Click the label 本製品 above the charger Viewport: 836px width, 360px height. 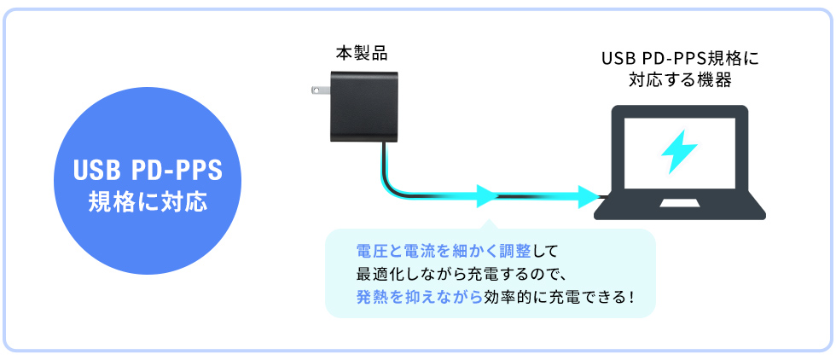tap(361, 53)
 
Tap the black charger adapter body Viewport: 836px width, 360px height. tap(363, 107)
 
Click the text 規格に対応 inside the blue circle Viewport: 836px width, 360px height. tap(148, 204)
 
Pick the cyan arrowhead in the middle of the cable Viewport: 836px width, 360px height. tap(487, 196)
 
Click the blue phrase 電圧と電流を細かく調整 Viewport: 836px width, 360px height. tap(444, 252)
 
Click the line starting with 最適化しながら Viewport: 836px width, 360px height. tap(461, 275)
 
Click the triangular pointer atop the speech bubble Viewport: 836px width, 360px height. tap(488, 225)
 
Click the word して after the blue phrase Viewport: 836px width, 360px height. tap(546, 252)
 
